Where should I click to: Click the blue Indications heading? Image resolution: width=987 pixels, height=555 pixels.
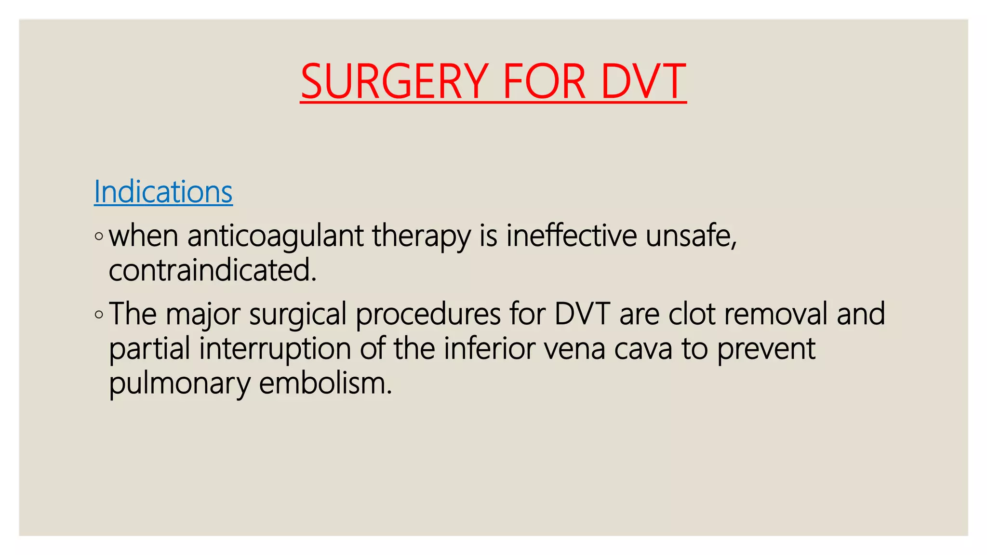click(x=163, y=192)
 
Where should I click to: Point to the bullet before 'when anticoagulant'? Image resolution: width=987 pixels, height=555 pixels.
click(x=99, y=237)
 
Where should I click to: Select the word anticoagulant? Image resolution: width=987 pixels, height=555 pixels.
click(x=275, y=237)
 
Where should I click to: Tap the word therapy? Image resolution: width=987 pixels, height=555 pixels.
click(x=421, y=237)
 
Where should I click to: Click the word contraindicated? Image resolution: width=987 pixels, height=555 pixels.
click(x=212, y=270)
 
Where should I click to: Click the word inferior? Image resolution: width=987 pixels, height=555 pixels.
click(x=489, y=349)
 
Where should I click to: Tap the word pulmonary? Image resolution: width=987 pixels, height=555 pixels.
click(x=179, y=384)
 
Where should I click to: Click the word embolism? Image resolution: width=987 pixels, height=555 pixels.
click(x=325, y=384)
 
